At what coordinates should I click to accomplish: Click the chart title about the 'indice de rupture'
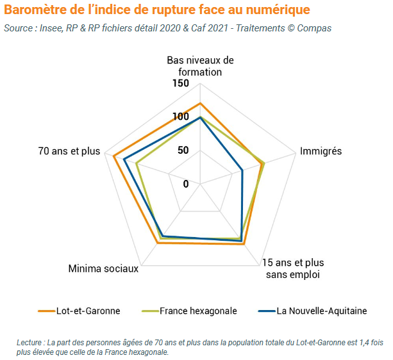(157, 10)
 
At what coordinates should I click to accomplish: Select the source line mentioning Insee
(167, 29)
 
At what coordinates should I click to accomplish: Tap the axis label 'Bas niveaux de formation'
(200, 66)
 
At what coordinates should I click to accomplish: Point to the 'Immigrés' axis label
(321, 151)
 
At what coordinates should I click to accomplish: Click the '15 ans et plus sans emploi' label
(293, 268)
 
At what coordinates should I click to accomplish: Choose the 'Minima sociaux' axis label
(103, 268)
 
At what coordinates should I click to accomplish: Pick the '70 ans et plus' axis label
(69, 151)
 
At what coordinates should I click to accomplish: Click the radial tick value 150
(181, 84)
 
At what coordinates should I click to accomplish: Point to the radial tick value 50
(183, 151)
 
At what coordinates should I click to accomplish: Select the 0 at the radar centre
(186, 184)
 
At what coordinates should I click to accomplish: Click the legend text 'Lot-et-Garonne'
(88, 311)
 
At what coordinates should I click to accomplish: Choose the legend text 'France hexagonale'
(198, 311)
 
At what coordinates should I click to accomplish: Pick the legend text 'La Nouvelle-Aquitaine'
(322, 311)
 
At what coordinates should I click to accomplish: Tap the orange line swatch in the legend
(46, 311)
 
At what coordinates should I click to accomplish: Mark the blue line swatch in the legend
(265, 311)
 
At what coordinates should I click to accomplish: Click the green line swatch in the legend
(148, 311)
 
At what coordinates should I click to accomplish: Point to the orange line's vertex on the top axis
(201, 103)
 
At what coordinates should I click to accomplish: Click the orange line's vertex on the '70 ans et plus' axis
(113, 156)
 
